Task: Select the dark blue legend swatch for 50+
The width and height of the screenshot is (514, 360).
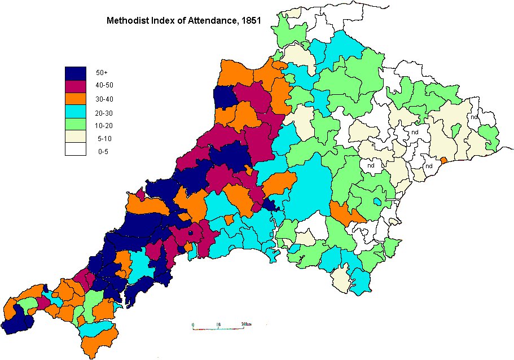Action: (75, 73)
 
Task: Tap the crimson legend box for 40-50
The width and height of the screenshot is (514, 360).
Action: (75, 86)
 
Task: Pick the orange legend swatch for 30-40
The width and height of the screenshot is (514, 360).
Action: (75, 99)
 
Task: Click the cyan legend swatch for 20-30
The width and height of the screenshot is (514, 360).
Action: (75, 112)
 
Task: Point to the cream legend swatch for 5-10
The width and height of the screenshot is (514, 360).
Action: (75, 137)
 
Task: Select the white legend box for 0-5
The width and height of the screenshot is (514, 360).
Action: (75, 150)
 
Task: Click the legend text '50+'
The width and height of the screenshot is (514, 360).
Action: (102, 73)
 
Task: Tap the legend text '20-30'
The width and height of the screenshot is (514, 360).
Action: (103, 112)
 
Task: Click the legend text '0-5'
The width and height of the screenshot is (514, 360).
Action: (102, 150)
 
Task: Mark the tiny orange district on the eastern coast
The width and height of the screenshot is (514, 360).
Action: (443, 160)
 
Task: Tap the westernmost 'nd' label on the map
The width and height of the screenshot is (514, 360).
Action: (371, 166)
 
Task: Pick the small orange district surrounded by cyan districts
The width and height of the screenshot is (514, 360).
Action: (229, 218)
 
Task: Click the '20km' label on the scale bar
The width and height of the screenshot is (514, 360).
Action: (245, 324)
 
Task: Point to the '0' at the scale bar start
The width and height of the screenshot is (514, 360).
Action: (193, 324)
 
